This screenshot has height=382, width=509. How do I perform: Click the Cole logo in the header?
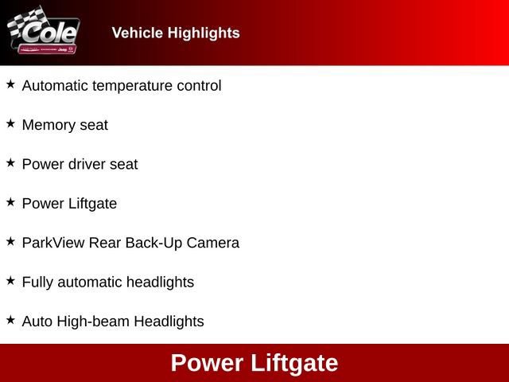point(44,33)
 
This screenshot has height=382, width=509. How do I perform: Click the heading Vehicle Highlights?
point(176,33)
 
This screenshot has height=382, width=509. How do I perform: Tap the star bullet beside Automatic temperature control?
point(10,84)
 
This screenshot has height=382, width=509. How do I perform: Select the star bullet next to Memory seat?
point(10,123)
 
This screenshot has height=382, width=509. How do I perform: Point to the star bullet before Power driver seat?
point(10,162)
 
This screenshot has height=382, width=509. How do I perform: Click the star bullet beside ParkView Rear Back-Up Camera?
point(10,241)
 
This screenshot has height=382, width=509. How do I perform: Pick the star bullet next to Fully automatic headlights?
point(10,280)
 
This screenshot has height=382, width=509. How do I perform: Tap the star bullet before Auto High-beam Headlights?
point(10,320)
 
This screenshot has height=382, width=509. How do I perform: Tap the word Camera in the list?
point(213,243)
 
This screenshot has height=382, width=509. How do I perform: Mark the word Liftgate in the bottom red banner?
point(294,364)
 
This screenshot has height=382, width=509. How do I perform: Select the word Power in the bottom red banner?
point(207,364)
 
